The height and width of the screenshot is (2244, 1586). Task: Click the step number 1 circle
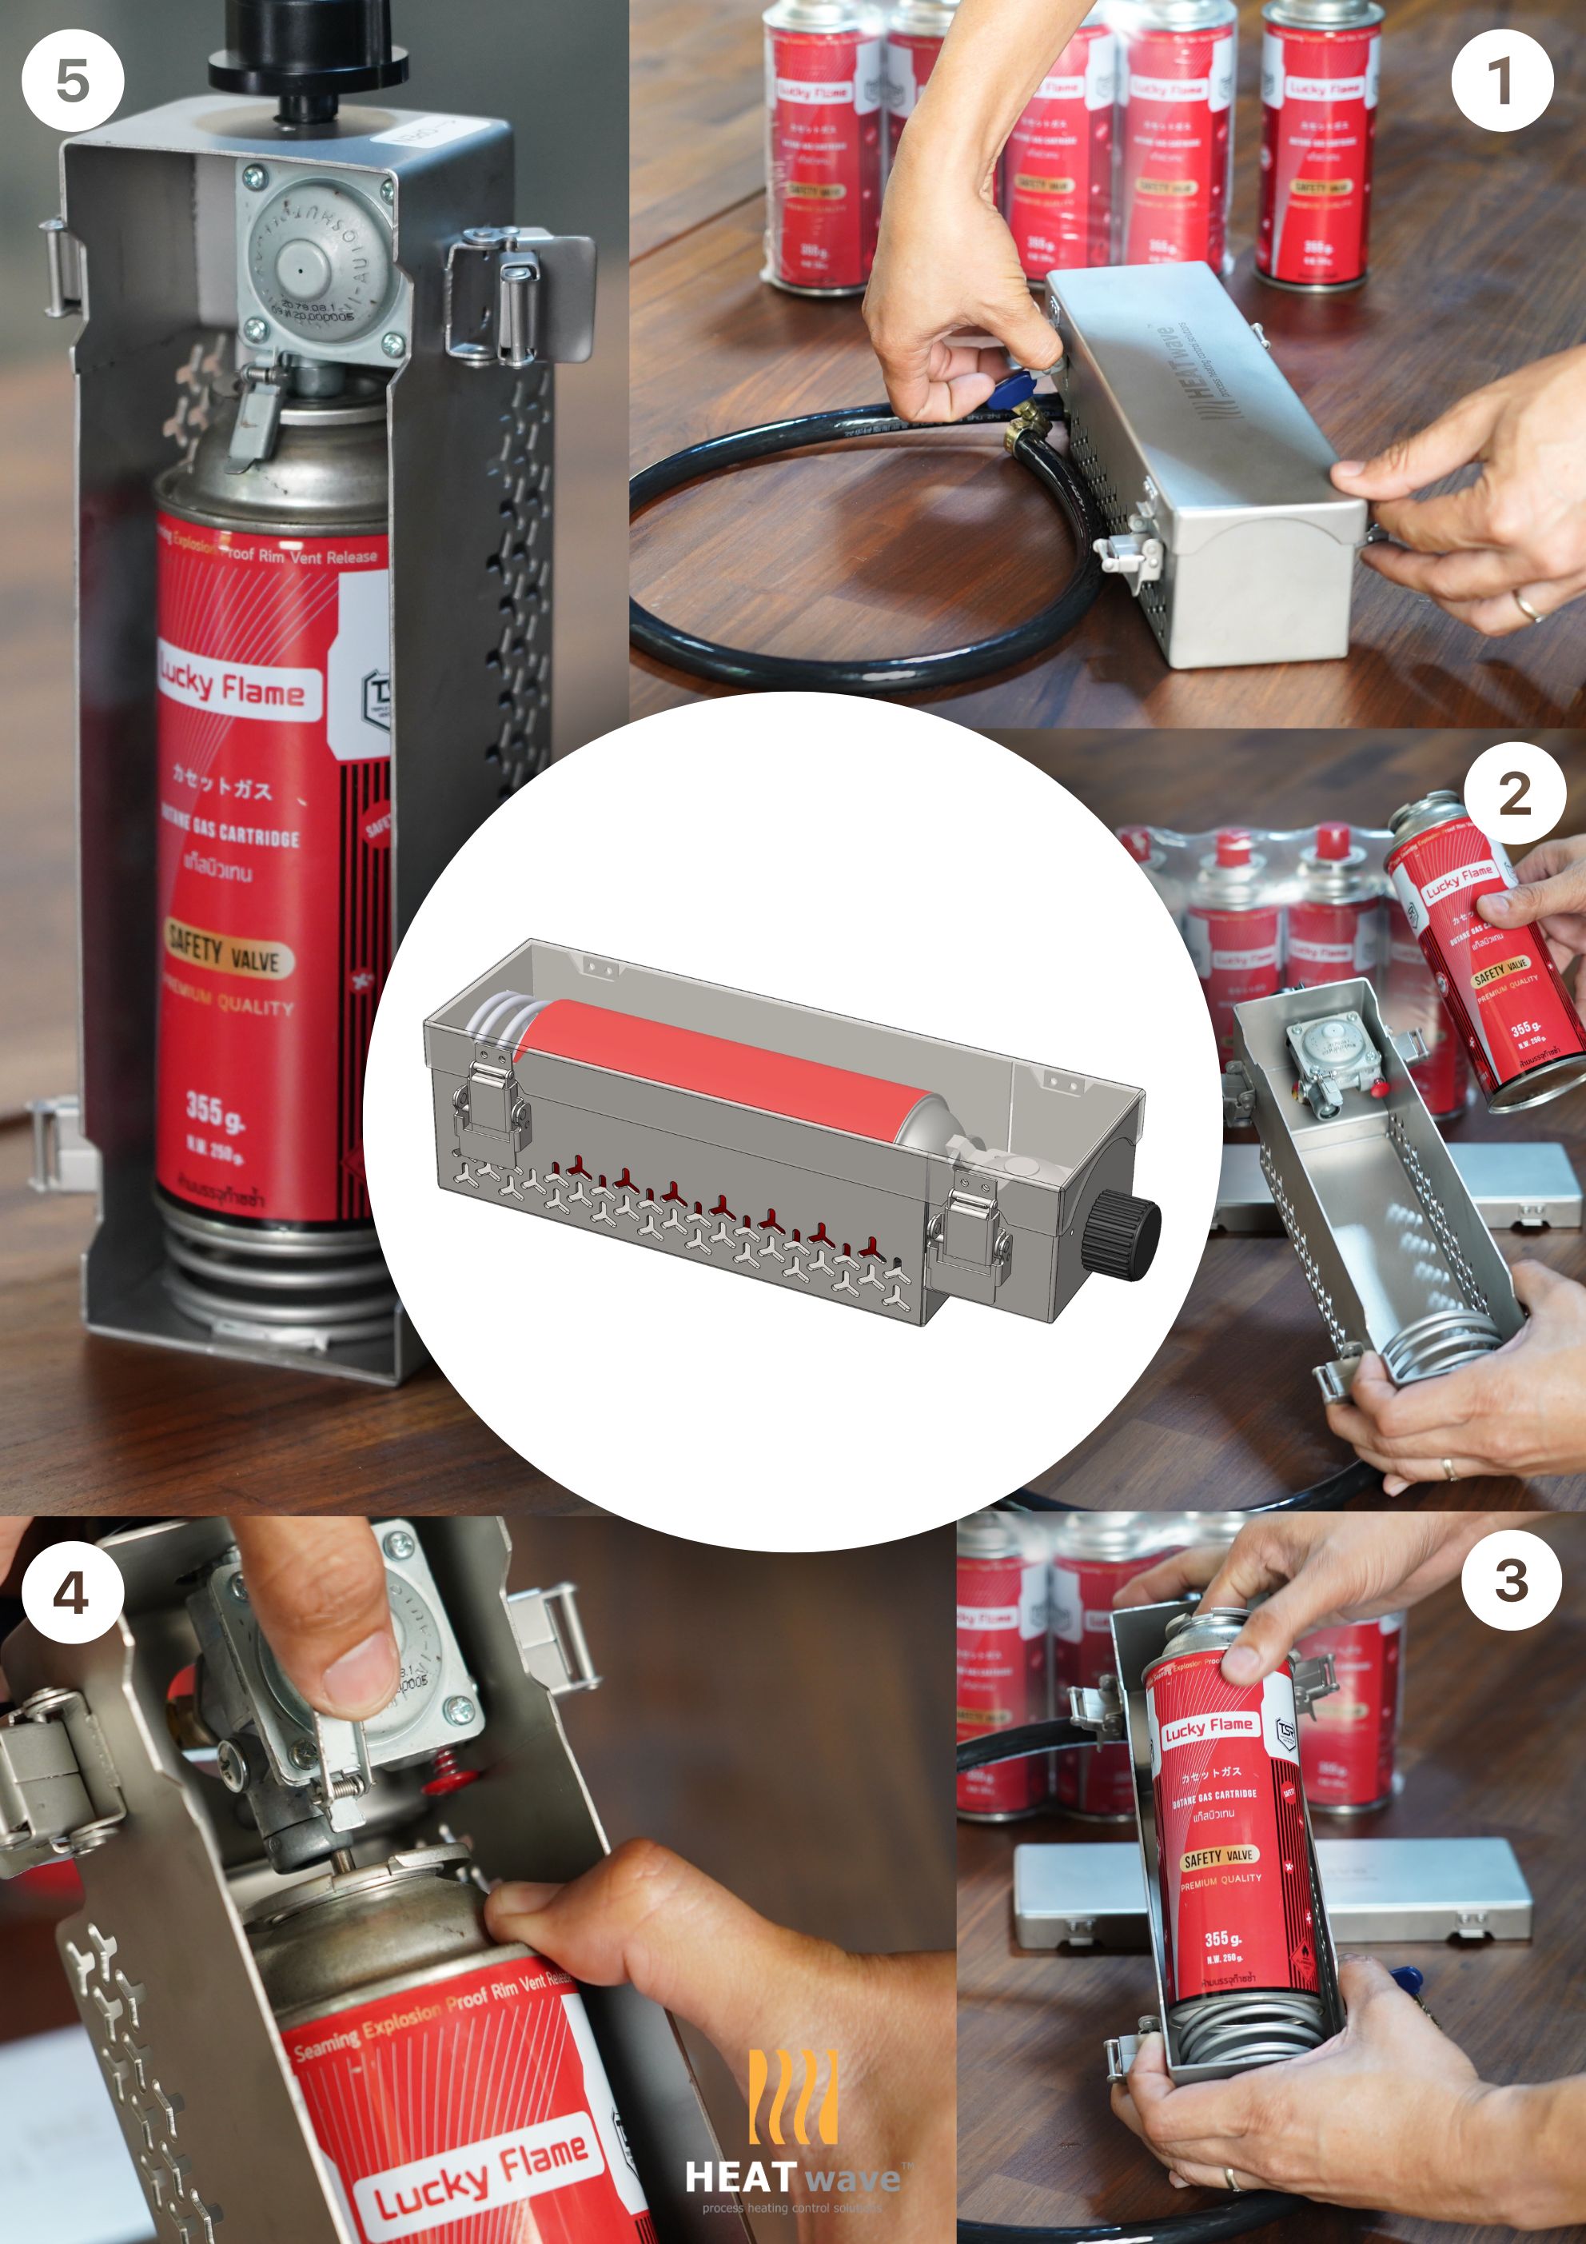tap(1502, 80)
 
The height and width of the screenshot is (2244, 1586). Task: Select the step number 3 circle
tap(1511, 1580)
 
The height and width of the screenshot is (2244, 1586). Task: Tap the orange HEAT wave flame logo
tap(792, 2099)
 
